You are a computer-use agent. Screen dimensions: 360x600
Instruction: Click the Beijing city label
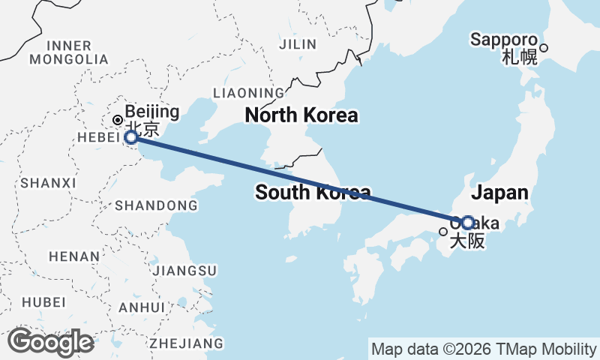151,112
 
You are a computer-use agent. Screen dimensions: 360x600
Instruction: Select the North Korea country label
301,115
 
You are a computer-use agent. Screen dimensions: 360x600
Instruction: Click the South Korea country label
312,192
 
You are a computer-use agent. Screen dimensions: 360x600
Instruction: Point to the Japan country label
500,192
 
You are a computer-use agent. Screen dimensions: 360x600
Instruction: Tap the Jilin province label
298,44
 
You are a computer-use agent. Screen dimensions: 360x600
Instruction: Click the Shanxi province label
49,182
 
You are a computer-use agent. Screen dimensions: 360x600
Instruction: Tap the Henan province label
73,256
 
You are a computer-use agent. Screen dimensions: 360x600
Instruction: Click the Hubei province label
43,301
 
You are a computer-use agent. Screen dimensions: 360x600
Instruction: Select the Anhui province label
141,307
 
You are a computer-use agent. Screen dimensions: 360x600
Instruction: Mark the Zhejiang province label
187,343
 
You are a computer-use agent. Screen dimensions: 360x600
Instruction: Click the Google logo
50,342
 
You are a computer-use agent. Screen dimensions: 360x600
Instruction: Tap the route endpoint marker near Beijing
131,137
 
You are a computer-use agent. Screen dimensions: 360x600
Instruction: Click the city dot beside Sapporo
544,48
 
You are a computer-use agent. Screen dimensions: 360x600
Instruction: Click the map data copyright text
484,349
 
